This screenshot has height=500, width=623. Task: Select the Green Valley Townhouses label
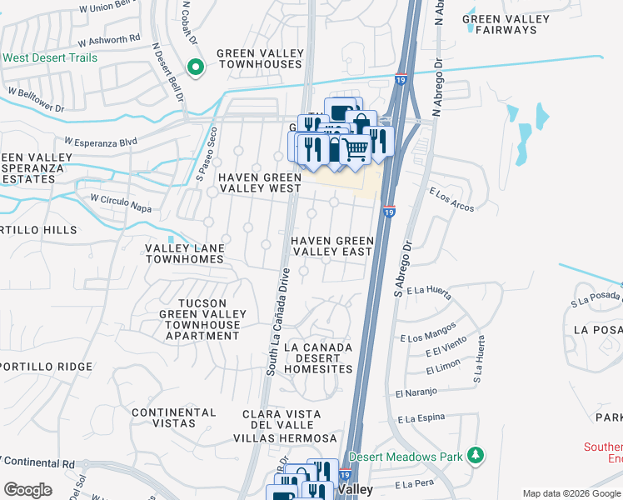pyautogui.click(x=258, y=58)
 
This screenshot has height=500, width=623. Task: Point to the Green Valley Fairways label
pyautogui.click(x=506, y=24)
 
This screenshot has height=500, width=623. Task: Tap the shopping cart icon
pyautogui.click(x=356, y=151)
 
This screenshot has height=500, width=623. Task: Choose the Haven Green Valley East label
pyautogui.click(x=331, y=246)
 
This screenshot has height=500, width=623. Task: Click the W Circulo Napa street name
pyautogui.click(x=121, y=200)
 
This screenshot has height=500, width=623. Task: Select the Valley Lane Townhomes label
pyautogui.click(x=184, y=253)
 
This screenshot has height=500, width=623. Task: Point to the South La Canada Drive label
pyautogui.click(x=277, y=321)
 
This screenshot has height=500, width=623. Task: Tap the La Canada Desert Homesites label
pyautogui.click(x=318, y=357)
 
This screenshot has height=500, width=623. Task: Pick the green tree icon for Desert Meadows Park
pyautogui.click(x=476, y=455)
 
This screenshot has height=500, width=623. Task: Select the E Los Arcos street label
pyautogui.click(x=451, y=197)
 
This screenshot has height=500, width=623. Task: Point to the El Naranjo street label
pyautogui.click(x=416, y=393)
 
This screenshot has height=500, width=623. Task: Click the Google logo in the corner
pyautogui.click(x=27, y=490)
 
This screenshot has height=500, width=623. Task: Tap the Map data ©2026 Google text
pyautogui.click(x=571, y=493)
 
